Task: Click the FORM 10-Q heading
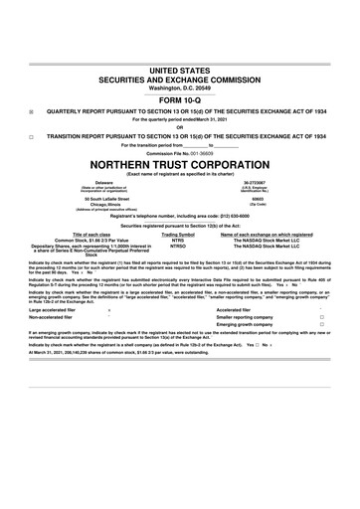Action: tap(180, 100)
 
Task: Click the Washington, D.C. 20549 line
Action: tap(180, 87)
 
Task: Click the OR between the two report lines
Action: tap(180, 126)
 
